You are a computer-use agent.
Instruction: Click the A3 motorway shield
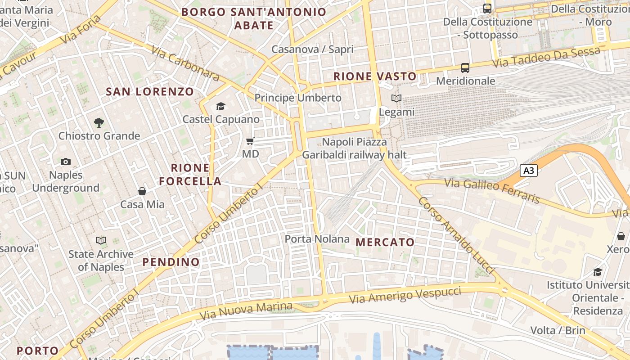pyautogui.click(x=529, y=171)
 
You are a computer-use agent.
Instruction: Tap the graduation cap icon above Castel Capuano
pyautogui.click(x=220, y=106)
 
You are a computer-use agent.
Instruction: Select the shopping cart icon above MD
pyautogui.click(x=250, y=141)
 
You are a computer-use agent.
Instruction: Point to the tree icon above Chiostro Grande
pyautogui.click(x=99, y=122)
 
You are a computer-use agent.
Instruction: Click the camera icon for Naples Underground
pyautogui.click(x=66, y=162)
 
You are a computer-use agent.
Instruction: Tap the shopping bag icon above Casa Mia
pyautogui.click(x=142, y=191)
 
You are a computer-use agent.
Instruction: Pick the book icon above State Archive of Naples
pyautogui.click(x=101, y=241)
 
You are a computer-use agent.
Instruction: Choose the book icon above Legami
pyautogui.click(x=396, y=99)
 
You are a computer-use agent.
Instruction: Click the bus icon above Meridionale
pyautogui.click(x=465, y=68)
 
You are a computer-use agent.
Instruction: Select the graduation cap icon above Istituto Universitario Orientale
pyautogui.click(x=598, y=272)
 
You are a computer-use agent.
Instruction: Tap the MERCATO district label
pyautogui.click(x=385, y=242)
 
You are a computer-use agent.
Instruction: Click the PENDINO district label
pyautogui.click(x=171, y=262)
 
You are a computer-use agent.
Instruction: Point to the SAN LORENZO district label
pyautogui.click(x=150, y=92)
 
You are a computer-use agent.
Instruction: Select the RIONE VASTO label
pyautogui.click(x=375, y=76)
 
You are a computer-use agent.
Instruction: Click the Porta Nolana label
pyautogui.click(x=317, y=238)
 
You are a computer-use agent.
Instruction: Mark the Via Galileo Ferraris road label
pyautogui.click(x=492, y=190)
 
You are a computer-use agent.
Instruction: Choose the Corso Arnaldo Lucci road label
pyautogui.click(x=456, y=235)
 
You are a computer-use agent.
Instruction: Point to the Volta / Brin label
pyautogui.click(x=558, y=330)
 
